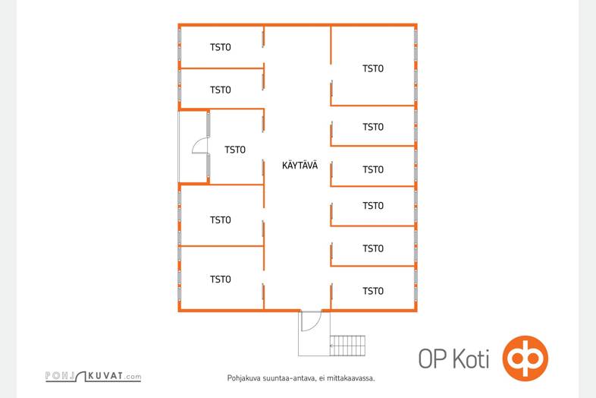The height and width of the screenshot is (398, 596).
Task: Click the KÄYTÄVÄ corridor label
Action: point(300,166)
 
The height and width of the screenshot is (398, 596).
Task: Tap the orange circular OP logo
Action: point(525,359)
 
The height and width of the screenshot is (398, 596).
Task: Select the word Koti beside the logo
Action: point(470,359)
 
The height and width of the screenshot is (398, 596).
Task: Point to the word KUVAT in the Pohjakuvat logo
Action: point(105,376)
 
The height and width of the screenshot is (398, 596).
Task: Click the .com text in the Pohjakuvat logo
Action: point(133,377)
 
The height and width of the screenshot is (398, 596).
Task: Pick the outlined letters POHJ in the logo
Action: point(60,376)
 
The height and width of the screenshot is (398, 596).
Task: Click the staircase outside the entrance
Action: point(347,346)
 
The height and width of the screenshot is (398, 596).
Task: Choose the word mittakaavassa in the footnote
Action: point(351,378)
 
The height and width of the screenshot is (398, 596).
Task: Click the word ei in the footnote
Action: point(322,378)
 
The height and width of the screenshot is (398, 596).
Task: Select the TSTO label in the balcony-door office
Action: point(235,150)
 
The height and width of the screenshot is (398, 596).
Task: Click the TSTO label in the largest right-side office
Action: point(373,68)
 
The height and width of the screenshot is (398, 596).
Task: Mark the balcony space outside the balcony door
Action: point(193,147)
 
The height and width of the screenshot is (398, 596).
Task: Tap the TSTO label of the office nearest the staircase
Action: point(373,291)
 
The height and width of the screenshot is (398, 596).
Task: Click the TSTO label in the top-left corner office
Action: point(221,47)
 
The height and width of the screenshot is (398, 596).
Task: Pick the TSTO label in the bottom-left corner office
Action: point(221,280)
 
